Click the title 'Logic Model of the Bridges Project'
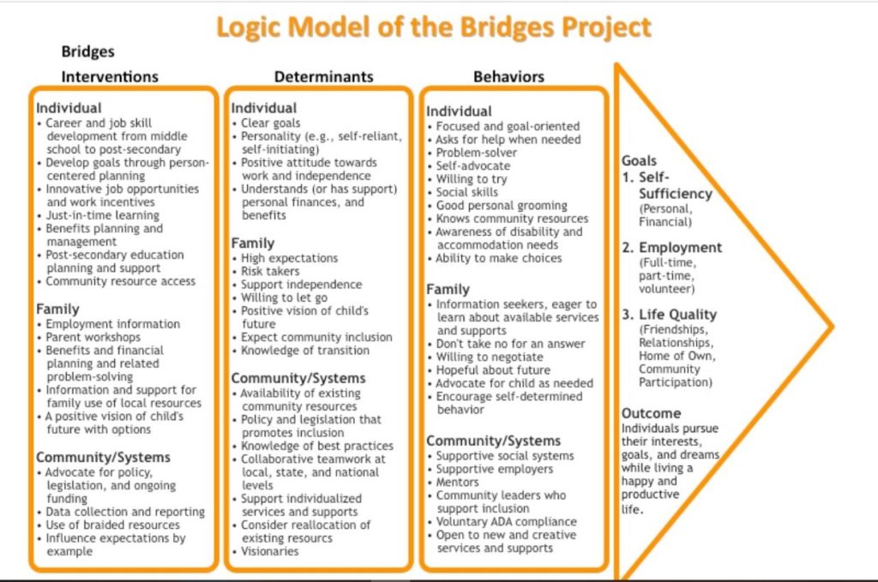433,28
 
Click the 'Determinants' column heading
323,76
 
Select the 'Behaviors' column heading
508,76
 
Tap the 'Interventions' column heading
110,76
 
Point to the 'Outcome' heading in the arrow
652,413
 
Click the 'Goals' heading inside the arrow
640,160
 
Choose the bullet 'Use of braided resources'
113,525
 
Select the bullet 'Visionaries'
270,551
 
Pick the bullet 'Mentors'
458,482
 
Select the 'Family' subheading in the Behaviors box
448,290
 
